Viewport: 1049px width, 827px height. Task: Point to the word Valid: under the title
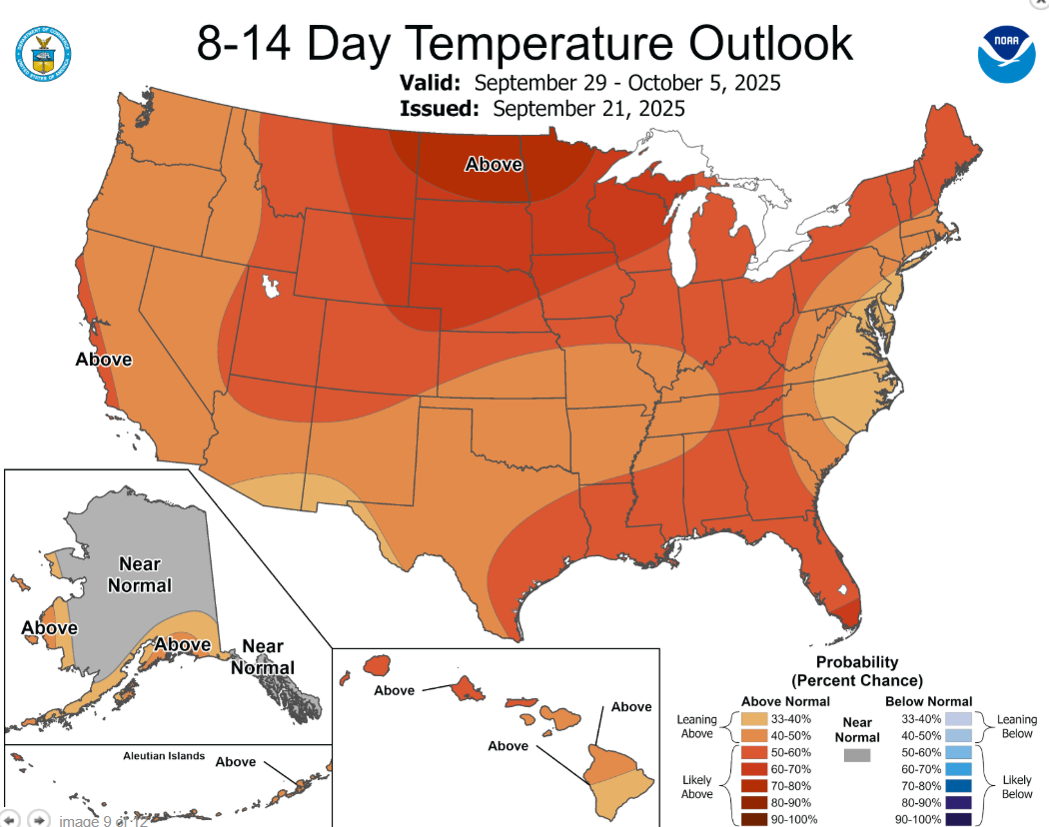coord(431,82)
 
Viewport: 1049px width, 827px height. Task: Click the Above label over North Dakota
coord(494,163)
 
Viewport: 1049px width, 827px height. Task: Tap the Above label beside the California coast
coord(104,359)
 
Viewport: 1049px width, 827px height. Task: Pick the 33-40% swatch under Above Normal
coord(755,718)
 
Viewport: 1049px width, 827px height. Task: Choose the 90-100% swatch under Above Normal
coord(755,819)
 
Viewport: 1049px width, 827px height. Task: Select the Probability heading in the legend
coord(857,662)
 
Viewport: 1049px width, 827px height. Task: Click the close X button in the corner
coord(1040,4)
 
